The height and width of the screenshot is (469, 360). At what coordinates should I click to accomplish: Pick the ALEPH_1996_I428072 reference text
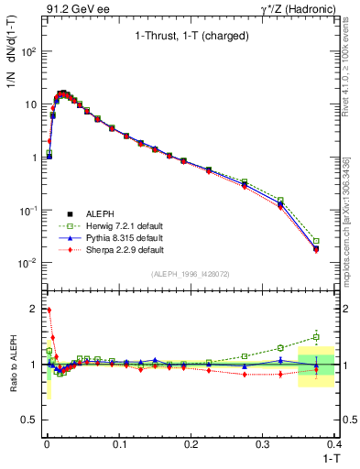pyautogui.click(x=190, y=274)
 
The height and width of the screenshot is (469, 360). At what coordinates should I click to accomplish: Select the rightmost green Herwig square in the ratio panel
pyautogui.click(x=316, y=337)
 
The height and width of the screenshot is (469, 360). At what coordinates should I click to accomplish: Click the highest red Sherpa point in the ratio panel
pyautogui.click(x=49, y=310)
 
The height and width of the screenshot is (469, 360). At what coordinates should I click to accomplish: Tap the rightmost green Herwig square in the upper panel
pyautogui.click(x=316, y=241)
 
